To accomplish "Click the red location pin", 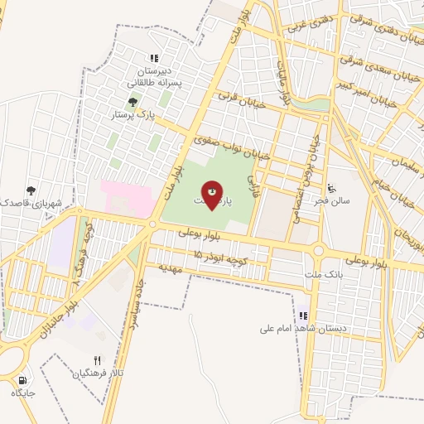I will [213, 195].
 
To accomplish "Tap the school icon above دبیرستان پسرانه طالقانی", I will [153, 57].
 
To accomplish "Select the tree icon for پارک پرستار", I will [132, 103].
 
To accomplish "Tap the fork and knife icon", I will [97, 360].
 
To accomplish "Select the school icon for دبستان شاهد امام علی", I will [303, 316].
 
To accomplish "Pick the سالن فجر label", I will [340, 200].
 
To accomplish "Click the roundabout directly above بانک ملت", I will [317, 250].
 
